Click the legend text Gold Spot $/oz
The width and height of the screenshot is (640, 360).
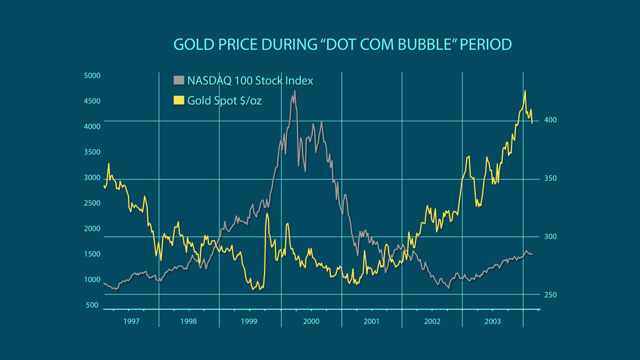(225, 100)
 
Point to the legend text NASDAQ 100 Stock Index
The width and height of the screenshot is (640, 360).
(250, 81)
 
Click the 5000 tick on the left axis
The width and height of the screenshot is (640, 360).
(92, 76)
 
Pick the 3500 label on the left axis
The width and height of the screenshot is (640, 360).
(92, 153)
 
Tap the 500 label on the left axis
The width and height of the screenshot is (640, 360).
(92, 306)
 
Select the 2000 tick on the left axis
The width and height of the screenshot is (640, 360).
(92, 229)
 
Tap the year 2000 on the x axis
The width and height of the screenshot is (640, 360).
(311, 322)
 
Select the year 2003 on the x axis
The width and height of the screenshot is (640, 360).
(492, 322)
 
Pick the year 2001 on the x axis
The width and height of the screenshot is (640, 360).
(371, 322)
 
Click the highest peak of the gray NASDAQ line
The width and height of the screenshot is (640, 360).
(294, 91)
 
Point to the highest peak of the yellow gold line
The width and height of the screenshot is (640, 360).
(525, 91)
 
